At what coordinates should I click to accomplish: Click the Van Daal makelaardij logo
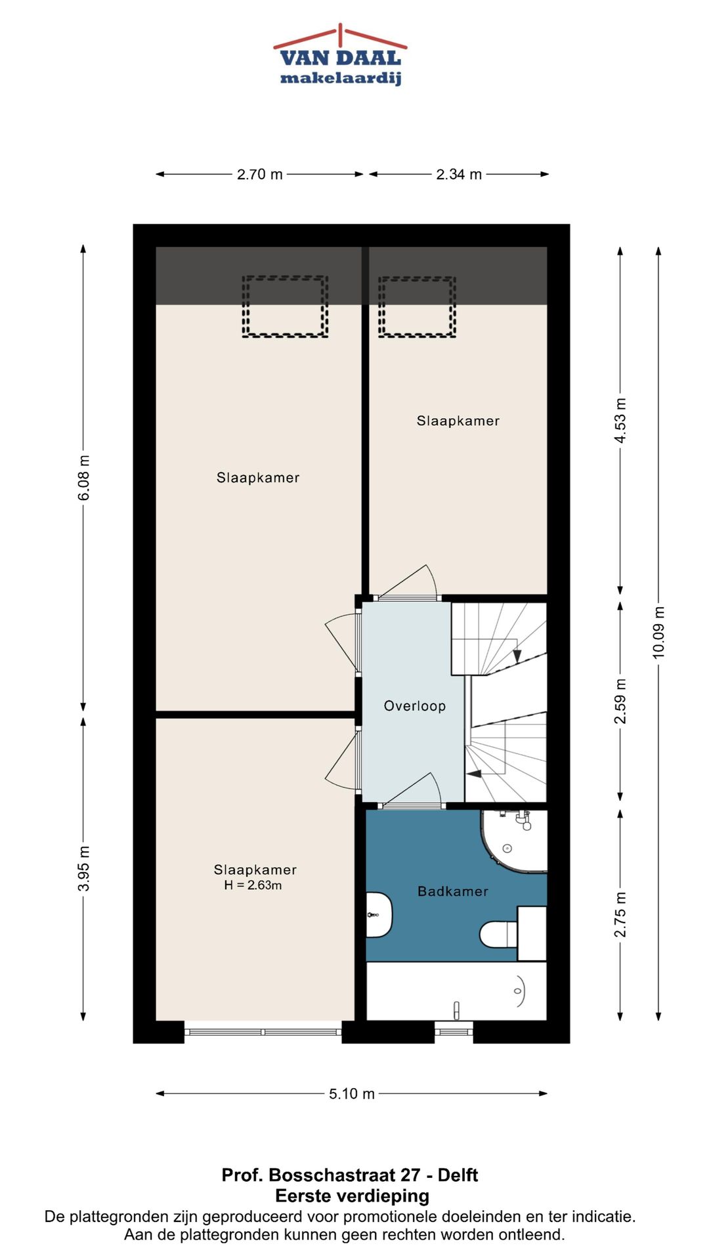pos(340,55)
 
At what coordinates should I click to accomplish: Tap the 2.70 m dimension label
pos(260,175)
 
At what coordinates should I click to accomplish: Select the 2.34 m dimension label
pos(459,175)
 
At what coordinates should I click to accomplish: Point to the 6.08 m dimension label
pos(84,478)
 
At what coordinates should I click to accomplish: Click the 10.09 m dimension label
pos(658,633)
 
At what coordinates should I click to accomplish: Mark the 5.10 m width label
pos(352,1094)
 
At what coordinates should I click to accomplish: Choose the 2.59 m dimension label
pos(620,702)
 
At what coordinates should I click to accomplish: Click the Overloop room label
pos(415,706)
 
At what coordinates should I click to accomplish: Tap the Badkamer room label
pos(453,891)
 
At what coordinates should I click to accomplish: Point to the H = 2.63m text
pos(253,885)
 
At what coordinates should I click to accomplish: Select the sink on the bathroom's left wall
pos(379,915)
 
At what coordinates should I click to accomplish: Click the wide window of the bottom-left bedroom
pos(263,1032)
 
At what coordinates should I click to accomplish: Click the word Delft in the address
pos(458,1175)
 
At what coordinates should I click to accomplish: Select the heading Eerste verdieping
pos(352,1196)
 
